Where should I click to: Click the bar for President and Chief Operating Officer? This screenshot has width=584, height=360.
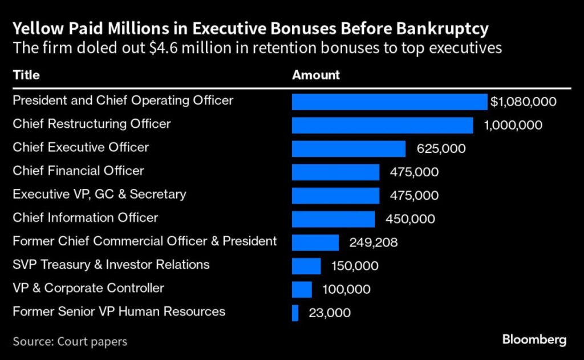(390, 102)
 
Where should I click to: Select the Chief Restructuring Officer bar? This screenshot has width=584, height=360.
(382, 126)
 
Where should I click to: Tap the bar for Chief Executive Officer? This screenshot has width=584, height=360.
(348, 149)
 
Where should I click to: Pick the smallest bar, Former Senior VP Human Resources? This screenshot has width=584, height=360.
(295, 313)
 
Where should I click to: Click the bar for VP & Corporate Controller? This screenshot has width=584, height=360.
(302, 289)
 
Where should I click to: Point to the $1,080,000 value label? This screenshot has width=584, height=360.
(523, 102)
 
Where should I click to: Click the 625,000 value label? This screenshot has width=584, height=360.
(441, 149)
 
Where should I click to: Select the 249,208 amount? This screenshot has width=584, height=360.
(374, 242)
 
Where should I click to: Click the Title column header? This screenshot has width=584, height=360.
(26, 75)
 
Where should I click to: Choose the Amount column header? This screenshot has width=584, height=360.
(316, 75)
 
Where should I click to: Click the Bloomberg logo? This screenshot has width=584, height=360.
(534, 340)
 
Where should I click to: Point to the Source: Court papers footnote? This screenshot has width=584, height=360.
(70, 342)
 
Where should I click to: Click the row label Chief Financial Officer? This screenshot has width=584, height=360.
(78, 171)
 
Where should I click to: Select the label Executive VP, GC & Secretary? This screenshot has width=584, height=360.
(99, 194)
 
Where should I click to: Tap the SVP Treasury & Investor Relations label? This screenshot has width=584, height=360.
(111, 265)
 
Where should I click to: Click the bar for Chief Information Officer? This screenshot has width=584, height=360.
(333, 219)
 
